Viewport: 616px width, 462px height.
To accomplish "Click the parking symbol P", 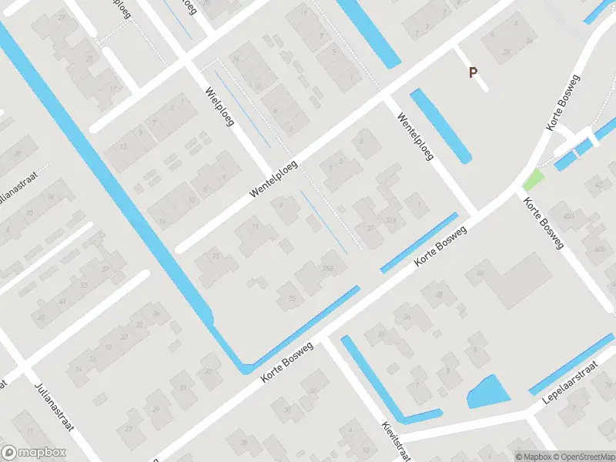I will pyautogui.click(x=474, y=72).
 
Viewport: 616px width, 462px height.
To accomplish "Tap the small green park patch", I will pyautogui.click(x=533, y=181).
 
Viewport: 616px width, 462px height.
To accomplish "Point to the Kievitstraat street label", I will pyautogui.click(x=392, y=435).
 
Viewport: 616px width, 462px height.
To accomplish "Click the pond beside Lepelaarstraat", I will pyautogui.click(x=487, y=392).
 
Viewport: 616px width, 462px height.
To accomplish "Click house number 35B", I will pyautogui.click(x=328, y=267).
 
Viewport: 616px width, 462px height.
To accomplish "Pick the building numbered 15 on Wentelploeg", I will pyautogui.click(x=216, y=256).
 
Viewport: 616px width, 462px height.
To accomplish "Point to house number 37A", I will pyautogui.click(x=393, y=220).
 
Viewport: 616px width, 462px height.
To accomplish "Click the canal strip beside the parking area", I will pyautogui.click(x=440, y=126).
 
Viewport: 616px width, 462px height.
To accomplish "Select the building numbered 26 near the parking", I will pyautogui.click(x=506, y=52).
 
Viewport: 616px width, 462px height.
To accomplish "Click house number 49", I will pyautogui.click(x=62, y=300).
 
